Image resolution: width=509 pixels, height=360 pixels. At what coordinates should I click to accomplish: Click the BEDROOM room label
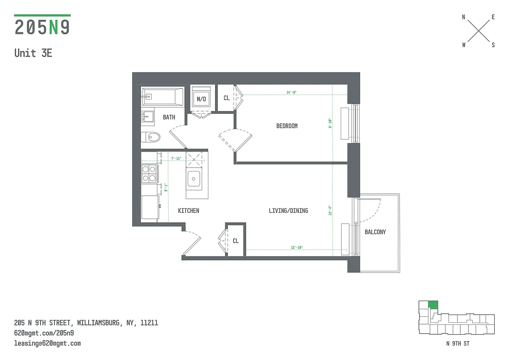(287, 126)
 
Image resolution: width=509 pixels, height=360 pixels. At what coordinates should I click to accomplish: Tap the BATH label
(169, 117)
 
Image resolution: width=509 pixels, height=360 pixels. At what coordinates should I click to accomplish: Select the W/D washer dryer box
(200, 99)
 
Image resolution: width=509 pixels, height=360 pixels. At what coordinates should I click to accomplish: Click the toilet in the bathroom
(151, 136)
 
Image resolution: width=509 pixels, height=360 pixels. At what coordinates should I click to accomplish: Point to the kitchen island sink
(194, 179)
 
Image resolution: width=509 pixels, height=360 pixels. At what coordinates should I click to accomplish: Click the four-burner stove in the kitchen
(149, 173)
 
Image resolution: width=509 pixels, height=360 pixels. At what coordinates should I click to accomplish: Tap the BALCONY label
(375, 232)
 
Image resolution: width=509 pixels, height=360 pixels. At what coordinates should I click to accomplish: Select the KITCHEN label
(188, 211)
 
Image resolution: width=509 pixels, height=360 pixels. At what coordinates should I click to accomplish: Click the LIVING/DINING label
(288, 210)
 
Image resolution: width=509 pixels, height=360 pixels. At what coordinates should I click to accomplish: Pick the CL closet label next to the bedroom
(226, 98)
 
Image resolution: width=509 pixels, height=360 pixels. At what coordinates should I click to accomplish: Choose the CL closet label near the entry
(235, 241)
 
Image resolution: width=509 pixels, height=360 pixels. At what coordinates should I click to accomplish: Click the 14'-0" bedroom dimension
(292, 92)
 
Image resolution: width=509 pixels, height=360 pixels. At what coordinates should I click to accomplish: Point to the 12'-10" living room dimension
(297, 247)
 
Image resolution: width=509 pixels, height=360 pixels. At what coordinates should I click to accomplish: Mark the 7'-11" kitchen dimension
(176, 158)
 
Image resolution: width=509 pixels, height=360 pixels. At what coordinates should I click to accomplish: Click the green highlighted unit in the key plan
(432, 305)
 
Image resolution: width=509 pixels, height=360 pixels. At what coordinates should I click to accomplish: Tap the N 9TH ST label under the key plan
(457, 344)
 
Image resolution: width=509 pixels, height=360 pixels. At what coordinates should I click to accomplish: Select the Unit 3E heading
(33, 53)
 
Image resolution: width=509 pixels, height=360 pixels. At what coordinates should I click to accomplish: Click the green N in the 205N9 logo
(54, 27)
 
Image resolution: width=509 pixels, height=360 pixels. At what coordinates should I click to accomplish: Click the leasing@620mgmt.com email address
(47, 343)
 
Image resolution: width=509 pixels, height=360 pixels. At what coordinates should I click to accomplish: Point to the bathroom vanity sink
(148, 116)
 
